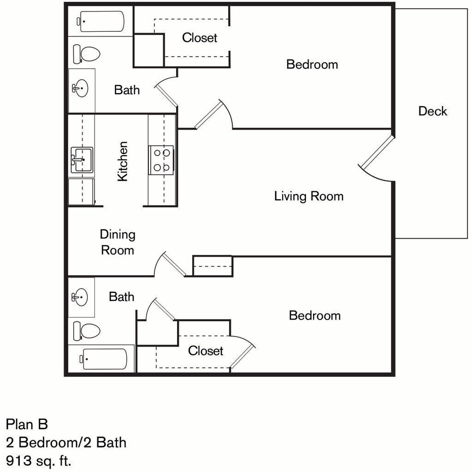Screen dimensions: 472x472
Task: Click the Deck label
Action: point(432,111)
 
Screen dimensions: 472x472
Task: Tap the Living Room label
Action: point(308,196)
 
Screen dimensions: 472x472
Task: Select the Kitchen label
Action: point(123,161)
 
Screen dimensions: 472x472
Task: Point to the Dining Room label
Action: point(118,242)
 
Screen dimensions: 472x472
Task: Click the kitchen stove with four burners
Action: point(161,160)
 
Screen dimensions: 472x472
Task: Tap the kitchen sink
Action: point(82,160)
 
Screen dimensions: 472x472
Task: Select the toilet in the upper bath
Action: point(86,54)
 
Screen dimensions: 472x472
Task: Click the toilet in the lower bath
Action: point(86,331)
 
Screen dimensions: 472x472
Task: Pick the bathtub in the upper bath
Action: point(100,21)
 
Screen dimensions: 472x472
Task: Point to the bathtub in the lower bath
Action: point(103,359)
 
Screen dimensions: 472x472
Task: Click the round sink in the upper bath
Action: point(80,88)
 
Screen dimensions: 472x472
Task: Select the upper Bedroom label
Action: point(312,65)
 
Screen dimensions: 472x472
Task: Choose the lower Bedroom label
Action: point(315,315)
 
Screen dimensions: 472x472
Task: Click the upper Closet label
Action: point(200,38)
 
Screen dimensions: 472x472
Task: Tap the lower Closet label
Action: point(206,351)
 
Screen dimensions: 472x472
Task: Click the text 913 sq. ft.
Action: point(39,460)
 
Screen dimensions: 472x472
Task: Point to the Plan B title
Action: point(27,424)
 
